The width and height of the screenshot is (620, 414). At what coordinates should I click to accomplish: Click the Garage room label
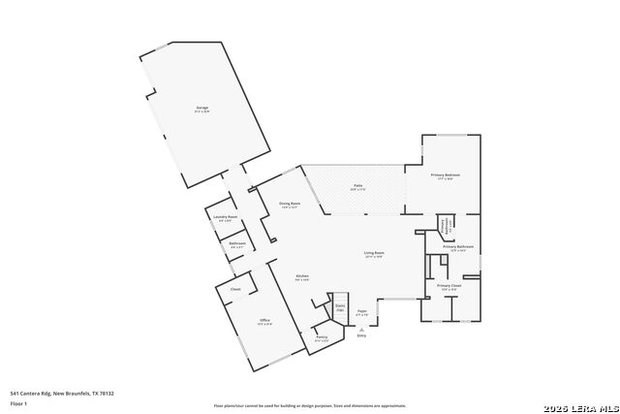[x=202, y=108]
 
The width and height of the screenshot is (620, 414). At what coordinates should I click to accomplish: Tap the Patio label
[x=357, y=185]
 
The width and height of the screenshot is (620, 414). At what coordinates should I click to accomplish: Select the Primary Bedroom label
[x=446, y=175]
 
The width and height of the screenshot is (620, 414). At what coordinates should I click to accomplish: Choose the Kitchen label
[x=302, y=276]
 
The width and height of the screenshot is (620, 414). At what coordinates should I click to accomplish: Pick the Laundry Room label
[x=226, y=217]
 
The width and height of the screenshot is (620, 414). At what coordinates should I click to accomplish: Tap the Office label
[x=264, y=321]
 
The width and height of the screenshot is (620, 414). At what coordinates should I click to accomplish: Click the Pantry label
[x=322, y=337]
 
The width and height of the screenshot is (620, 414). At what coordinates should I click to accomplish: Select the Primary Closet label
[x=449, y=286]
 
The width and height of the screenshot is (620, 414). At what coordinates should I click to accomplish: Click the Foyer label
[x=361, y=311]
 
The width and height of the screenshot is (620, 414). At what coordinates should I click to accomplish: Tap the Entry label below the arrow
[x=361, y=335]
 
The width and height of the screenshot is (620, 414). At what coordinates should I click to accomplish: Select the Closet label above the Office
[x=235, y=289]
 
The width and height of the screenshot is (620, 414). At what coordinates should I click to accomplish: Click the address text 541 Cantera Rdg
[x=62, y=393]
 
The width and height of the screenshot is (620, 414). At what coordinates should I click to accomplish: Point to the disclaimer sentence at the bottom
[x=310, y=406]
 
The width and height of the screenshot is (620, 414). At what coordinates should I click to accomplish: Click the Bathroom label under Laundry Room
[x=237, y=243]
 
